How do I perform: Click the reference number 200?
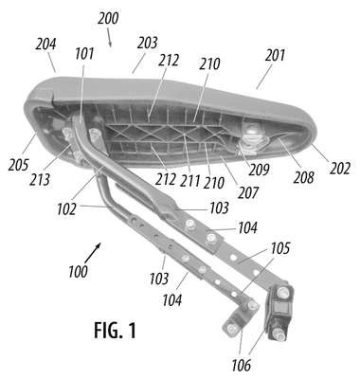(x=108, y=18)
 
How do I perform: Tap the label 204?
(x=45, y=44)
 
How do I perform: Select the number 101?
(x=84, y=53)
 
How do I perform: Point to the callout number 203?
(x=147, y=43)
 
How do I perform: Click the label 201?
(x=275, y=55)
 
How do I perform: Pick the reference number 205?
(x=19, y=165)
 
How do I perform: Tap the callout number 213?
(x=40, y=179)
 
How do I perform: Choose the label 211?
(x=190, y=181)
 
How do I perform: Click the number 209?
(x=259, y=170)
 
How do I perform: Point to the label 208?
(x=303, y=177)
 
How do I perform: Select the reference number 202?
(x=340, y=169)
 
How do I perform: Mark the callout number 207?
(x=248, y=192)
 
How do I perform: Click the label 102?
(x=66, y=209)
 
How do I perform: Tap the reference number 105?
(x=279, y=248)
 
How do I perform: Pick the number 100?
(x=78, y=271)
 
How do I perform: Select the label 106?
(x=241, y=366)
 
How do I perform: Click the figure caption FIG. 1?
(x=115, y=330)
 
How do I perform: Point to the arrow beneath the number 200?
(x=108, y=37)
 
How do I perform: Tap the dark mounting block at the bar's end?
(x=279, y=313)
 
